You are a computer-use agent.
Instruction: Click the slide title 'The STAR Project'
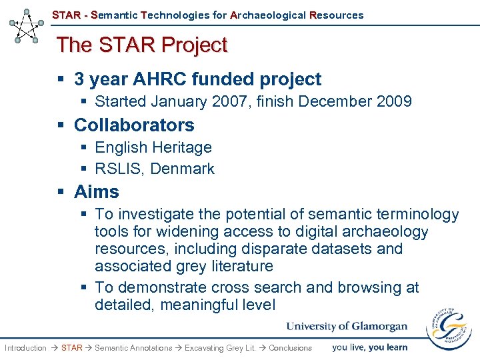tap(142, 45)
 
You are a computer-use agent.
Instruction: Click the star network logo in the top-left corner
tap(27, 26)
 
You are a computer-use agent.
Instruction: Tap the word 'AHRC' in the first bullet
tap(158, 79)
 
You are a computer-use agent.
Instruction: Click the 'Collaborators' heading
tap(134, 125)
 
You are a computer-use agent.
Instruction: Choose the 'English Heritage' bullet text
tap(153, 147)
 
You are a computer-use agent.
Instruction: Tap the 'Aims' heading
tap(97, 192)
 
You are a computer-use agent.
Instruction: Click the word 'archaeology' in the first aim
tap(387, 231)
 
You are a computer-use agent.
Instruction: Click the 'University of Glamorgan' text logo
tap(347, 326)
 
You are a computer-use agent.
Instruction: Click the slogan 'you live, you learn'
tap(369, 347)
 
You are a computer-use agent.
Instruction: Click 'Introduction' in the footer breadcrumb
tap(25, 348)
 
